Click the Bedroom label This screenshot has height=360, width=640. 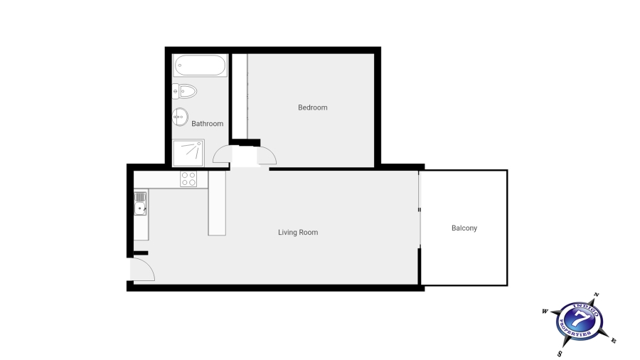(312, 107)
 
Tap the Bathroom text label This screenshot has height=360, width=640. (207, 124)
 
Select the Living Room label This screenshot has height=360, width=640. (298, 233)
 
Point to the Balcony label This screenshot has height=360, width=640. (464, 228)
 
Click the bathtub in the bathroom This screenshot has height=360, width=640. (200, 66)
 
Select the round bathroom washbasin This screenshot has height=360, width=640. (181, 116)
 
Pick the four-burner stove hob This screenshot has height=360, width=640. (188, 179)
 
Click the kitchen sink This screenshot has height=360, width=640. (141, 208)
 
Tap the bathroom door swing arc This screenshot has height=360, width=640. (223, 154)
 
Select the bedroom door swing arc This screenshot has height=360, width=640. (266, 154)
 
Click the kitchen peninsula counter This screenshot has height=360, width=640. (217, 204)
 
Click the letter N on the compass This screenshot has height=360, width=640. (596, 295)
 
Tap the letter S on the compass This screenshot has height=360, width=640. (560, 353)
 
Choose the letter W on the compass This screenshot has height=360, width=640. (545, 311)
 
